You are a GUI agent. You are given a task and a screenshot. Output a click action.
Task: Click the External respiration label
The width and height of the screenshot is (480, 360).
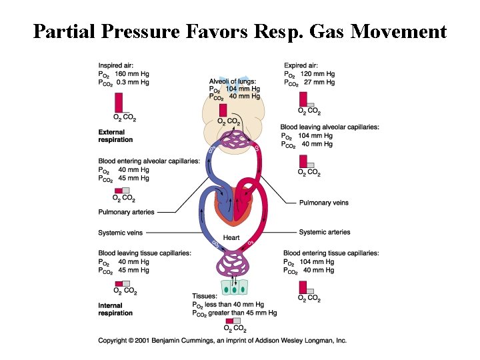pyautogui.click(x=115, y=136)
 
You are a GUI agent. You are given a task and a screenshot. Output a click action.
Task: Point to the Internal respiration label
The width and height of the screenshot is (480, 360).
pyautogui.click(x=115, y=309)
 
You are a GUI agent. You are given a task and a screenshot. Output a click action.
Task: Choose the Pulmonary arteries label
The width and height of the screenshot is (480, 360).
pyautogui.click(x=126, y=212)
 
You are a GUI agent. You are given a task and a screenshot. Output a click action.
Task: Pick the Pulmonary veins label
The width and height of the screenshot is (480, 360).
pyautogui.click(x=323, y=203)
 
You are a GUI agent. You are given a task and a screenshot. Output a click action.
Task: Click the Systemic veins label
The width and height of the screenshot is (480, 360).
pyautogui.click(x=121, y=233)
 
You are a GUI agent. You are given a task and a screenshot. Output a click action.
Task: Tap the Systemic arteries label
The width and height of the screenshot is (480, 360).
pyautogui.click(x=325, y=232)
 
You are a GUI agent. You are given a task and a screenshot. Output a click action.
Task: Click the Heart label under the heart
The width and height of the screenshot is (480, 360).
pyautogui.click(x=231, y=238)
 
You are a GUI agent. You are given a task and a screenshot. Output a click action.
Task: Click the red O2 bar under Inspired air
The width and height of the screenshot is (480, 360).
pyautogui.click(x=118, y=103)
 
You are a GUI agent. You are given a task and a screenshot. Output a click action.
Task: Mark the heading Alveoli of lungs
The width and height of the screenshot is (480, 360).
pyautogui.click(x=231, y=81)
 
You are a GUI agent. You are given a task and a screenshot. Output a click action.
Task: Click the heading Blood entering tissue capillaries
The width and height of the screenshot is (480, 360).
pyautogui.click(x=331, y=253)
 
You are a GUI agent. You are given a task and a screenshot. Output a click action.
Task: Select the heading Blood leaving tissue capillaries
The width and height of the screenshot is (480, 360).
pyautogui.click(x=145, y=253)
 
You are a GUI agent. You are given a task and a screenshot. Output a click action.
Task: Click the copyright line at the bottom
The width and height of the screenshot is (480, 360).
pyautogui.click(x=222, y=340)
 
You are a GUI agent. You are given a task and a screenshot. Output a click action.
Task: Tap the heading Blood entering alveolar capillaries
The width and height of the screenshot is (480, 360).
pyautogui.click(x=149, y=161)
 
